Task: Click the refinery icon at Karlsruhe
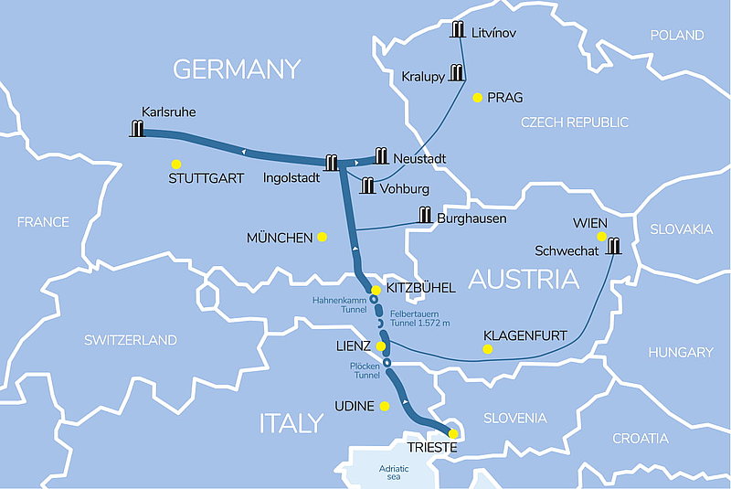pos(138,129)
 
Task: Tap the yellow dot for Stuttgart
pos(175,164)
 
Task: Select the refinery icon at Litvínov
pos(459,30)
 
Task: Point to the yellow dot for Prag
pos(476,97)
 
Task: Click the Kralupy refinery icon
pos(456,73)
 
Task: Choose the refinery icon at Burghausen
pos(425,216)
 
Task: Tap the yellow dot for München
pos(322,237)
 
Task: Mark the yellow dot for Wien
pos(601,237)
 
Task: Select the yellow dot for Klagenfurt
pos(487,349)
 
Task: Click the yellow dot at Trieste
pos(452,434)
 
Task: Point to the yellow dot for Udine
pos(385,406)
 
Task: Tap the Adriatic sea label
pos(395,472)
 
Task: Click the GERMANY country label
pos(237,69)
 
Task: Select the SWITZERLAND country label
pos(131,340)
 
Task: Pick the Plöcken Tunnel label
pos(365,370)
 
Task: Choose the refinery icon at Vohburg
pos(367,186)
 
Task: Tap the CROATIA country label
pos(640,439)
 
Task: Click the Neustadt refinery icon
pos(381,156)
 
